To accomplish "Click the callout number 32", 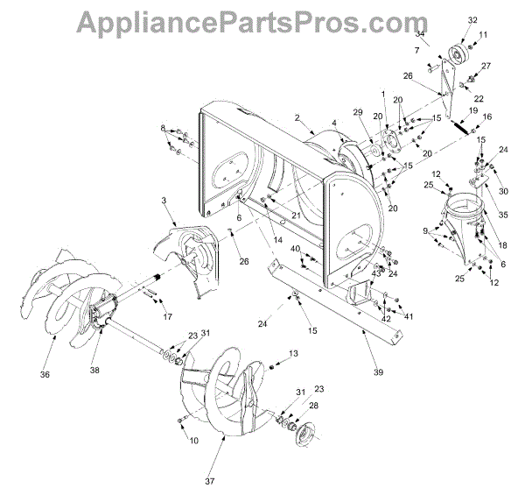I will coord(472,19).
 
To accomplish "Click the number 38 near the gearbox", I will coord(94,370).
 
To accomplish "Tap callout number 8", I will coord(162,130).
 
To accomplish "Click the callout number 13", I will coord(294,353).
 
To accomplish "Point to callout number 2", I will coord(297,117).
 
